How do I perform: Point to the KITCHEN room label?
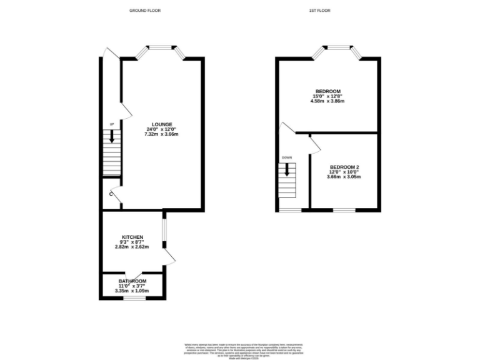pos(132,237)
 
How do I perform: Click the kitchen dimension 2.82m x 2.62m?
pos(132,247)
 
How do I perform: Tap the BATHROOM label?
pos(132,282)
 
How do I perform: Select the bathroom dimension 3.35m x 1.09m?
pos(132,291)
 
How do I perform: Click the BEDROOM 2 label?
pos(344,167)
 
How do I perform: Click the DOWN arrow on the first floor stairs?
pos(287,168)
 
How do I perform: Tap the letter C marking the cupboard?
pos(111,194)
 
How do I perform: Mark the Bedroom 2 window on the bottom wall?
pos(344,209)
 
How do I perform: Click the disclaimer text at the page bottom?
pos(240,351)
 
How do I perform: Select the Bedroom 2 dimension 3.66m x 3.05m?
pos(344,177)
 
